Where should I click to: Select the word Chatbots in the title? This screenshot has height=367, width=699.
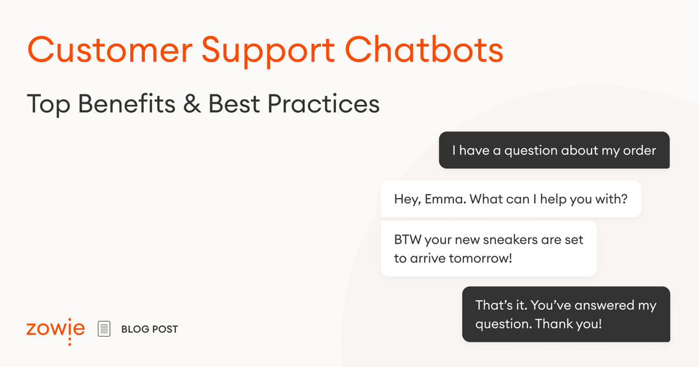click(424, 50)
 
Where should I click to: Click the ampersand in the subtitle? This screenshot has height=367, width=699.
click(192, 104)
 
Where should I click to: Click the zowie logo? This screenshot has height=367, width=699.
click(56, 329)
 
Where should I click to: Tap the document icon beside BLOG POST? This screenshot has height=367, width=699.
click(104, 329)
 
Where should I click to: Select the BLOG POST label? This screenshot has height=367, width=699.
click(150, 329)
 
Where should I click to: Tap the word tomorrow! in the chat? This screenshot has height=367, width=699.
click(480, 258)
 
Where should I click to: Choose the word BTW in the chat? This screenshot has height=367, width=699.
click(407, 239)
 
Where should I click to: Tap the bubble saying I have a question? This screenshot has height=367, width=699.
click(554, 150)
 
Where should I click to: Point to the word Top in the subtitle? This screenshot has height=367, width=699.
click(48, 104)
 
